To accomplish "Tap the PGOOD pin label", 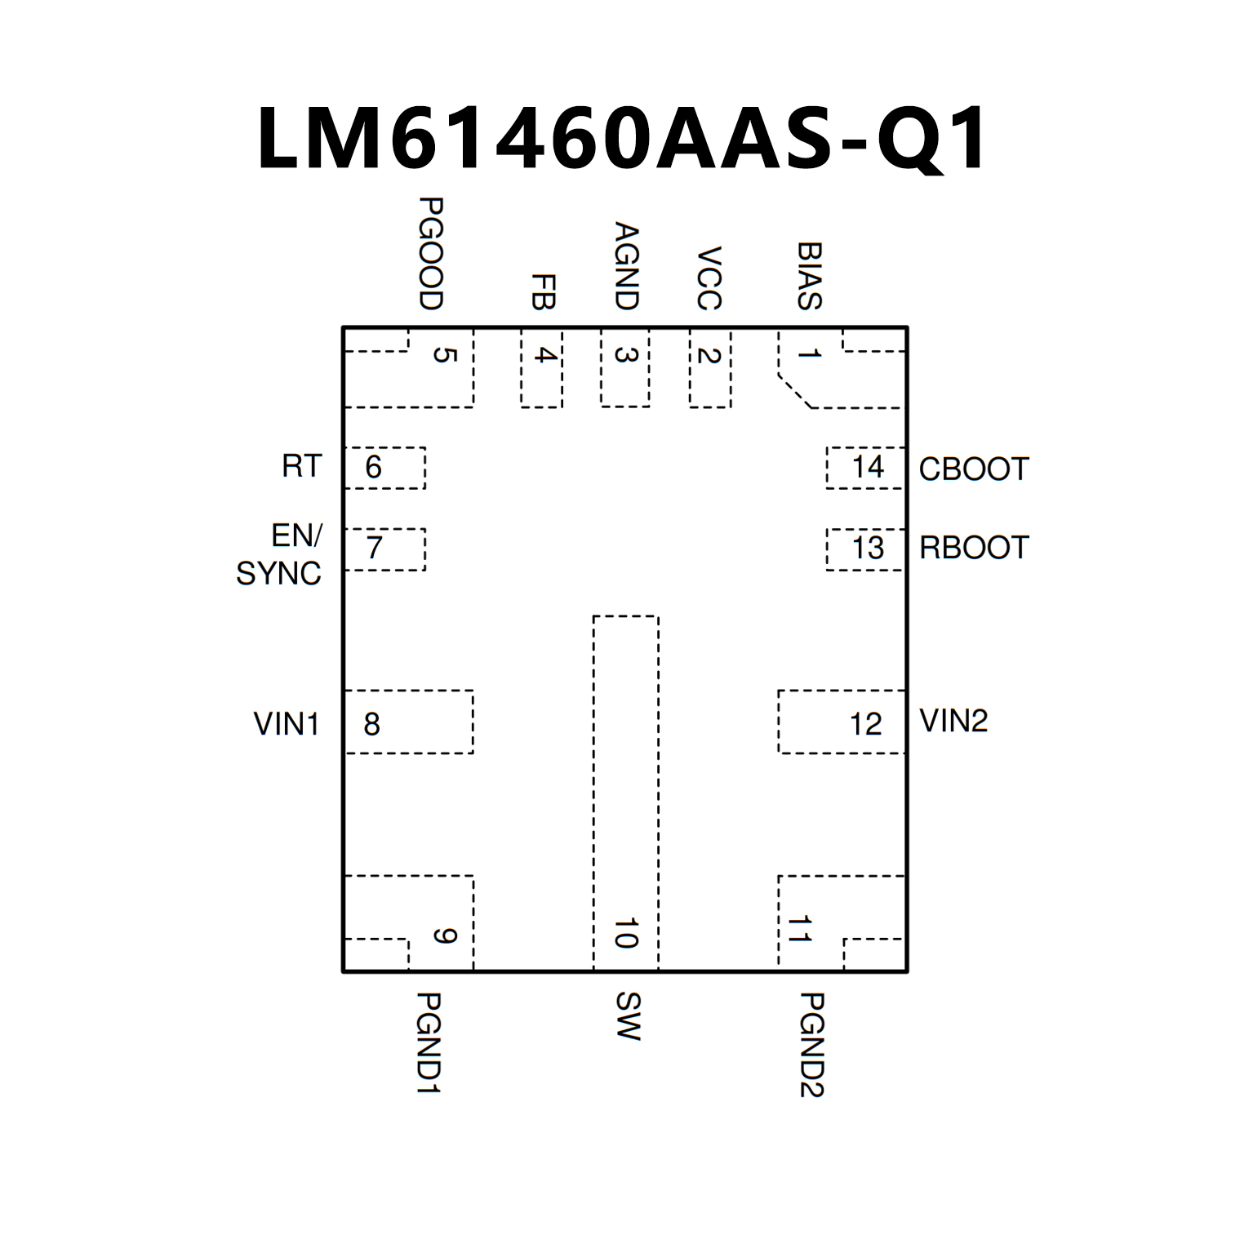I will pos(430,253).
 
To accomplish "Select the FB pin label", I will pos(543,291).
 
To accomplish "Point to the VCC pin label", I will pos(709,278).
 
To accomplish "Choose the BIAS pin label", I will pos(809,275).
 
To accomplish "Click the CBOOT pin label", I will pos(974,469).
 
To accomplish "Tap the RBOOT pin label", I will pos(974,547).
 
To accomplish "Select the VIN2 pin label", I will pos(953,720).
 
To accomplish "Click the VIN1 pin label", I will pos(286,723).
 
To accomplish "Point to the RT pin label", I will pos(302,466).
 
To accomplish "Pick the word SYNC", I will pos(278,573).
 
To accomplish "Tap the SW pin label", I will pos(627,1016).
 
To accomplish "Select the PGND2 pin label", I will pos(811,1045).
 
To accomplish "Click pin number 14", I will pos(868,467).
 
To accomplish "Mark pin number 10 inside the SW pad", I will pos(626,933).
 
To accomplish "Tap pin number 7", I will pos(374,547).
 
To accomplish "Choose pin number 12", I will pos(865,723).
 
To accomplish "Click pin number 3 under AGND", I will pos(626,355).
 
